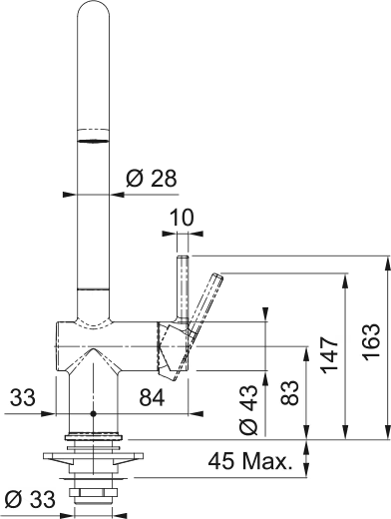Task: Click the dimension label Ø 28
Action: point(151,179)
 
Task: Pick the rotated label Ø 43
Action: point(250,409)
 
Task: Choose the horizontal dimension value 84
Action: point(152,398)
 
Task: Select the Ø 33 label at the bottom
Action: point(29,497)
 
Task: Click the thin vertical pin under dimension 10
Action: point(182,284)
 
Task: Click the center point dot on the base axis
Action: point(92,412)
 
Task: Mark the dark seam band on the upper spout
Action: point(92,141)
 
